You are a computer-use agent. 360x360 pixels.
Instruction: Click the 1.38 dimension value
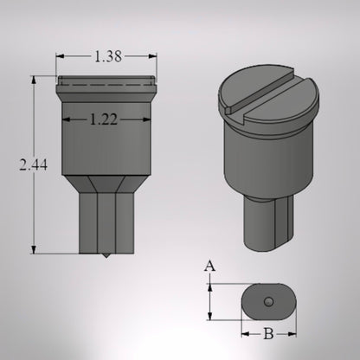click(x=106, y=56)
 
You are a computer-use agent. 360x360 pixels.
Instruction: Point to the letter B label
click(x=268, y=332)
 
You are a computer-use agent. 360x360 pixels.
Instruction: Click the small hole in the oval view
click(x=268, y=300)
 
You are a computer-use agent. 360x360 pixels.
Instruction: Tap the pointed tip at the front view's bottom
click(x=106, y=256)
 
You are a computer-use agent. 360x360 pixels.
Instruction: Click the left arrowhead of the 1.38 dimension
click(x=60, y=56)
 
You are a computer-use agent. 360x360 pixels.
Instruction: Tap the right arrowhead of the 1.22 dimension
click(x=145, y=122)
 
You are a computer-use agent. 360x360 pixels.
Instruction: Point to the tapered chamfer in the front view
click(x=106, y=183)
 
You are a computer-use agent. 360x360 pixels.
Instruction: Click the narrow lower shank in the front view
click(x=106, y=223)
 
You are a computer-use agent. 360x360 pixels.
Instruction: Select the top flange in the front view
click(x=106, y=84)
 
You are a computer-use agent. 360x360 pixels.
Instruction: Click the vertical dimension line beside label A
click(x=209, y=301)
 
